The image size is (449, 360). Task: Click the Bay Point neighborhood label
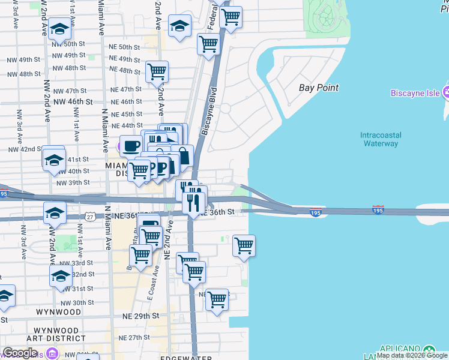pos(319,88)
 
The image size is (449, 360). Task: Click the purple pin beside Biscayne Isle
pos(446,92)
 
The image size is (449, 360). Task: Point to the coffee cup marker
pos(131,145)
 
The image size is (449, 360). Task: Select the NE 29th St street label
pos(140,315)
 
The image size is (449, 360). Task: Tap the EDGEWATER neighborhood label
pos(185,358)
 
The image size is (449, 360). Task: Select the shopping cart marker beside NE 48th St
pos(157,71)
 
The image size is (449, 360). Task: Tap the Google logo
pos(20,353)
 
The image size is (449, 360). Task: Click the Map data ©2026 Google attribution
pos(412,355)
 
